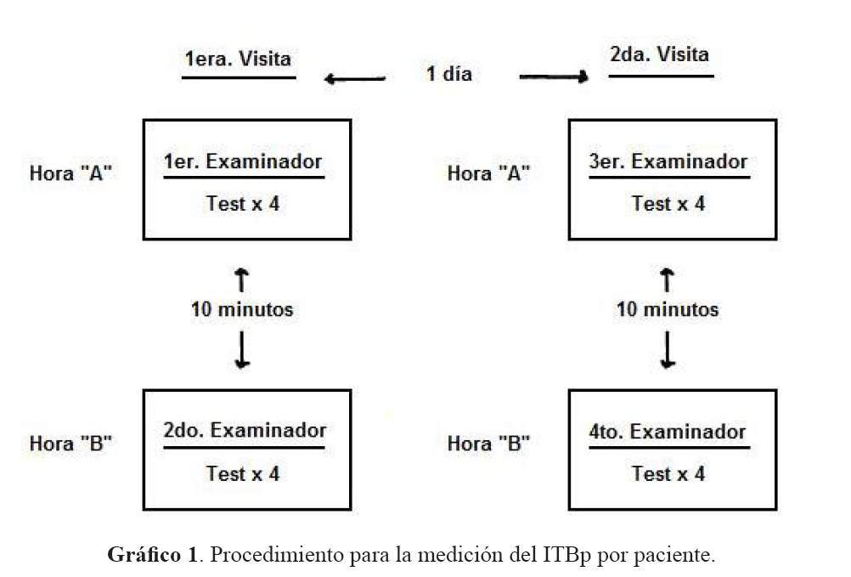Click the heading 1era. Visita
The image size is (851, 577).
click(x=238, y=59)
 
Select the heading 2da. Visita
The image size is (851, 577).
click(x=659, y=54)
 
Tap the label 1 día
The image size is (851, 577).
click(x=448, y=73)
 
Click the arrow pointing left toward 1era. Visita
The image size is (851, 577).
click(x=354, y=79)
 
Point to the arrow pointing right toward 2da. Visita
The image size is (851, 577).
click(x=554, y=76)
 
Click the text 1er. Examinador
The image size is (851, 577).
click(x=243, y=161)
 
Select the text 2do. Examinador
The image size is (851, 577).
click(x=245, y=430)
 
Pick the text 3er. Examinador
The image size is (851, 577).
click(x=668, y=161)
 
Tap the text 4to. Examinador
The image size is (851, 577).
click(x=668, y=432)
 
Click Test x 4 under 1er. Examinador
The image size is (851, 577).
click(x=243, y=204)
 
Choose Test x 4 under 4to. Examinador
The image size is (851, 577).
click(x=668, y=473)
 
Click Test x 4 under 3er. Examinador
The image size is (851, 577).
click(x=668, y=204)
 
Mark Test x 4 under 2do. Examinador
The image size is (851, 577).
click(x=243, y=473)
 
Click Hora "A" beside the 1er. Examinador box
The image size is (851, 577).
click(x=70, y=173)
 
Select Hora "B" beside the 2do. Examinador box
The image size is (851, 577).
click(x=70, y=444)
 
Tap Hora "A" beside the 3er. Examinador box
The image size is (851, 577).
click(x=488, y=173)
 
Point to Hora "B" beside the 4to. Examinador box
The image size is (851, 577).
click(x=488, y=444)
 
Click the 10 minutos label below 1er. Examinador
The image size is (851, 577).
click(x=242, y=309)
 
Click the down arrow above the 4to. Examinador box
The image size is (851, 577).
click(x=668, y=350)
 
